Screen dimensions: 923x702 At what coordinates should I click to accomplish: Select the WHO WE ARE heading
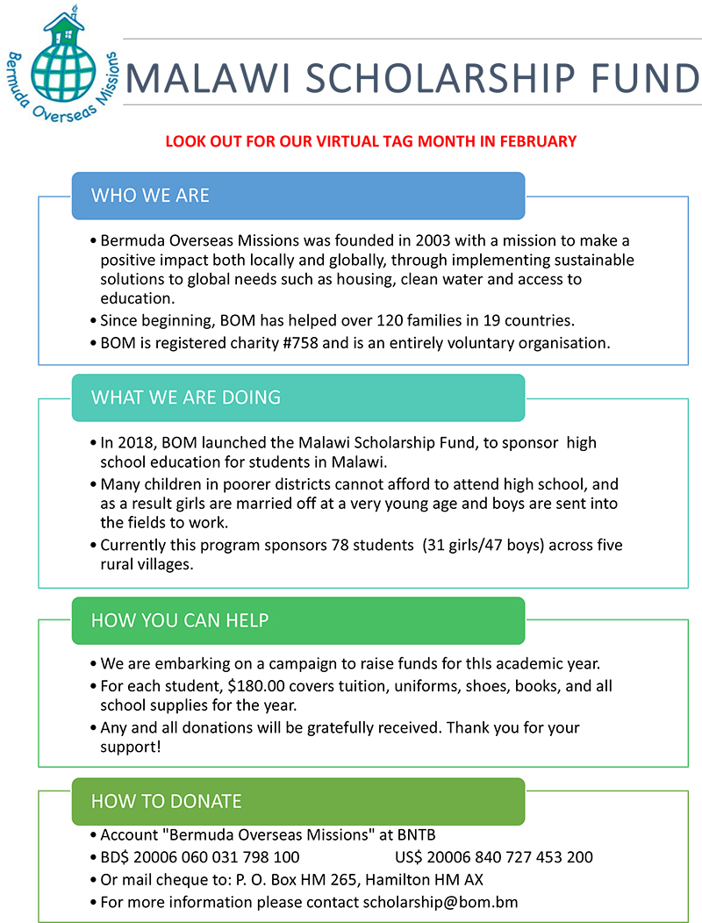(150, 195)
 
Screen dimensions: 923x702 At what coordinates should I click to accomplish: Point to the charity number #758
(299, 343)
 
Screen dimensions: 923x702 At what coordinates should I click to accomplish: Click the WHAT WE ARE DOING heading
(185, 397)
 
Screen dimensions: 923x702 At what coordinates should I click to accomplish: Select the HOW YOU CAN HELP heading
(179, 620)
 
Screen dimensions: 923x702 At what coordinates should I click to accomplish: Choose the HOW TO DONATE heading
(166, 800)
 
